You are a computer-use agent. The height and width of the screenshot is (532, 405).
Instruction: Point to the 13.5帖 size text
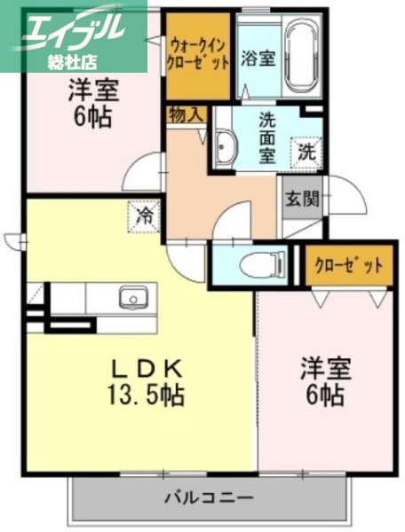point(147,395)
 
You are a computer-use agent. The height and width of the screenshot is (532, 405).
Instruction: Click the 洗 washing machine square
point(306,152)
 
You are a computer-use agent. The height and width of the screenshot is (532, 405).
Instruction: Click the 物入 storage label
point(184,113)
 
